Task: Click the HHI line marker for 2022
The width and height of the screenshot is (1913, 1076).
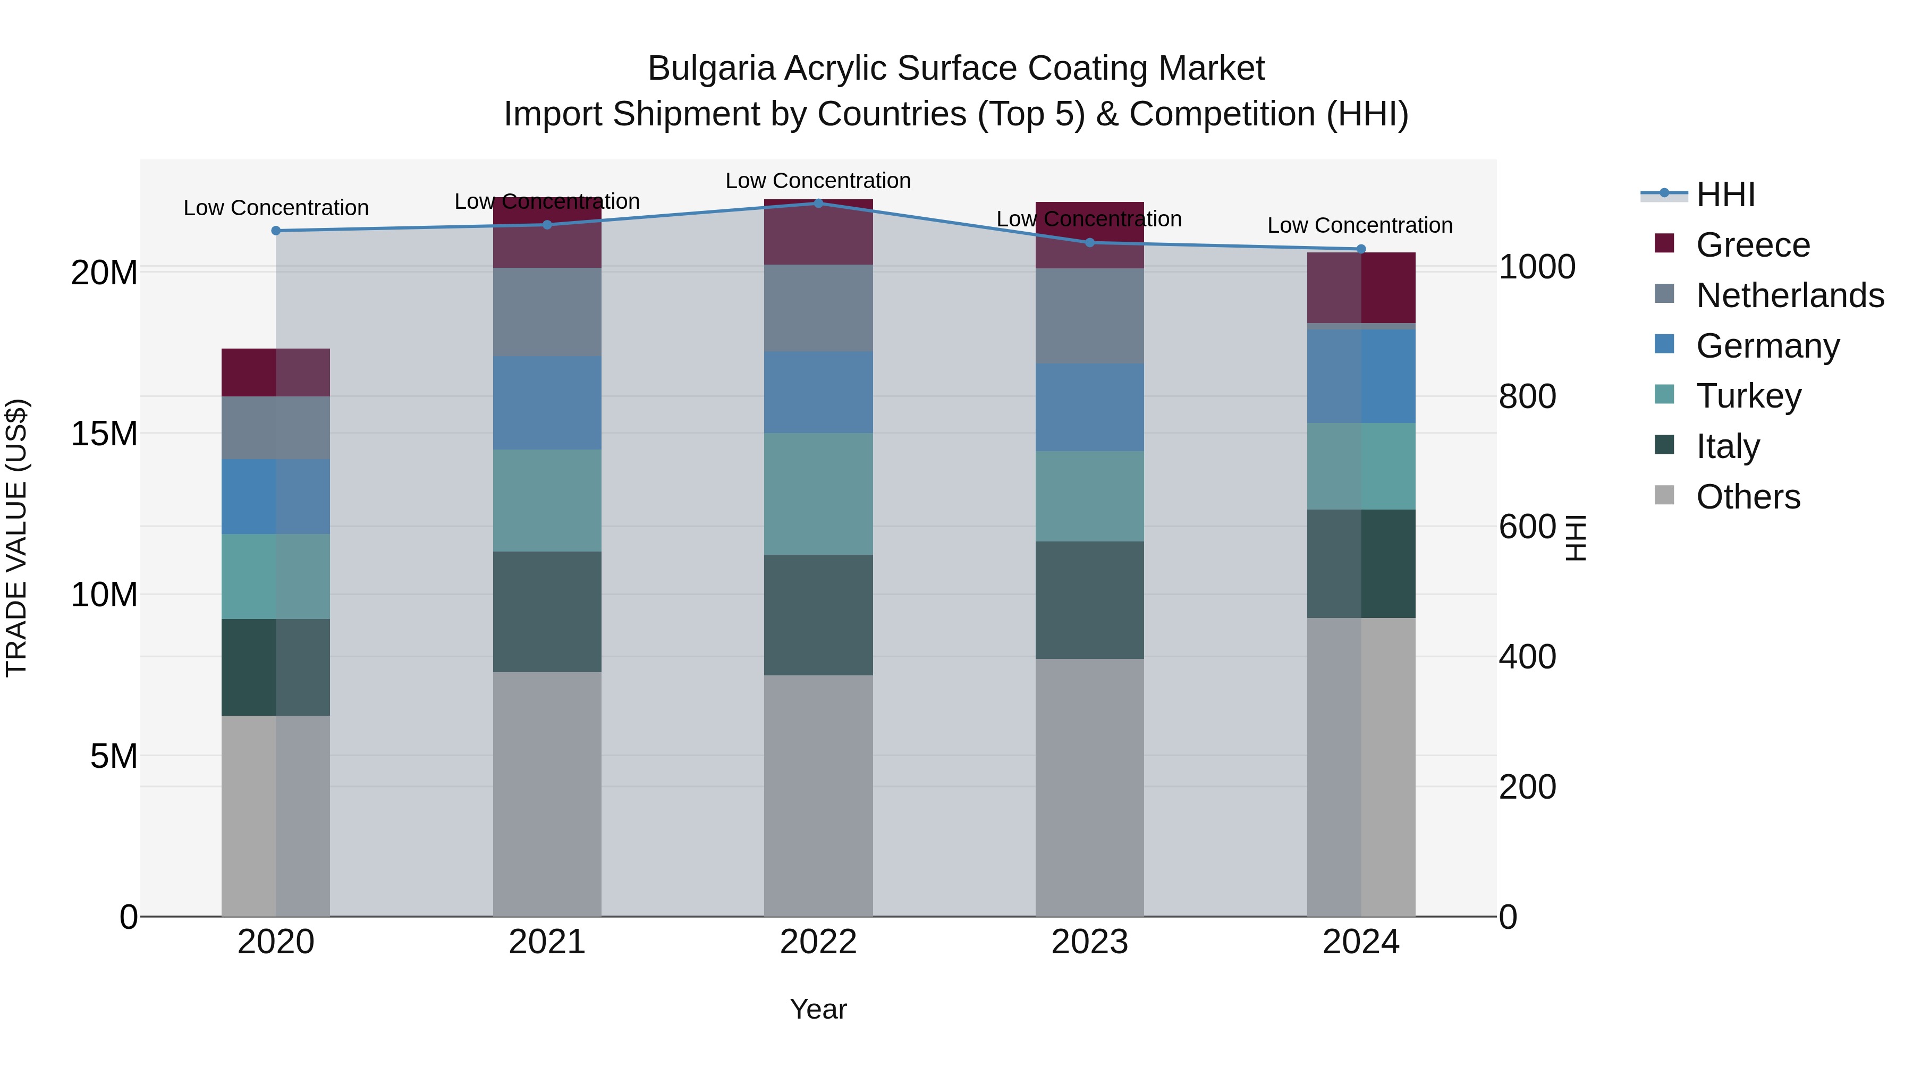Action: point(818,203)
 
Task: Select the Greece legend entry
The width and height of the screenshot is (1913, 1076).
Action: point(1753,245)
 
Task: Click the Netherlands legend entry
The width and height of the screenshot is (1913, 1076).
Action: point(1789,295)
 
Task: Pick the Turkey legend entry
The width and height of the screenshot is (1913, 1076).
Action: point(1748,396)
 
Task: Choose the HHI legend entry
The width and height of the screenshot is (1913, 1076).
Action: point(1725,194)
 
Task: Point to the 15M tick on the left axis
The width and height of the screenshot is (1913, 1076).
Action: point(104,434)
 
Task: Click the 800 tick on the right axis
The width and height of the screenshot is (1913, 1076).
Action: point(1527,396)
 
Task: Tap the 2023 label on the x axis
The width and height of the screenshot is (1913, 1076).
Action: point(1089,942)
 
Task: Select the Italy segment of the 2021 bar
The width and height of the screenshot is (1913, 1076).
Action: point(547,612)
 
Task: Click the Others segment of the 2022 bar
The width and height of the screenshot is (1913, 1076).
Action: point(818,794)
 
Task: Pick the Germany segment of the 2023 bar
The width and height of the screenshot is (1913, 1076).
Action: point(1089,407)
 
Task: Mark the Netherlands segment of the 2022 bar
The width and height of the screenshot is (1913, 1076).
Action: point(818,308)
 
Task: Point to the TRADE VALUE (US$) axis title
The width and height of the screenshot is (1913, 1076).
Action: point(16,538)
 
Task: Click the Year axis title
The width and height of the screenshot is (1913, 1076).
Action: point(818,1009)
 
